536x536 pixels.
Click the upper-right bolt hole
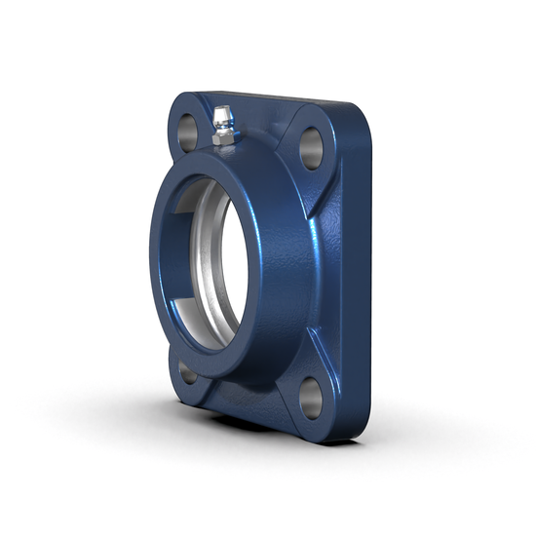[x=311, y=146]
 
